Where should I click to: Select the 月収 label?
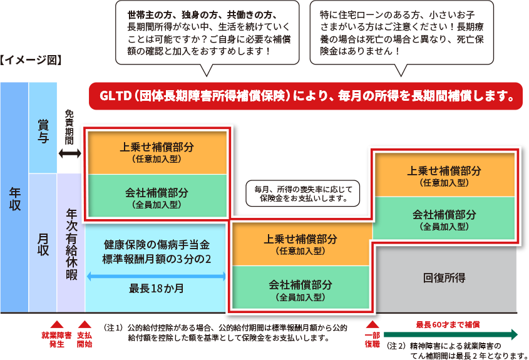click(x=43, y=244)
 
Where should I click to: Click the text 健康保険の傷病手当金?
click(x=157, y=244)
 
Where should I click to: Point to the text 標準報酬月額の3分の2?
click(x=157, y=259)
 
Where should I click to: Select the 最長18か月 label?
click(x=157, y=289)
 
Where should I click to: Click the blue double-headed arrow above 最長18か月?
click(x=157, y=275)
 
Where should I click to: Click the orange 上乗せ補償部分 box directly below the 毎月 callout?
click(x=300, y=244)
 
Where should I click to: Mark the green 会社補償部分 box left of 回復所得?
click(x=300, y=289)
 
